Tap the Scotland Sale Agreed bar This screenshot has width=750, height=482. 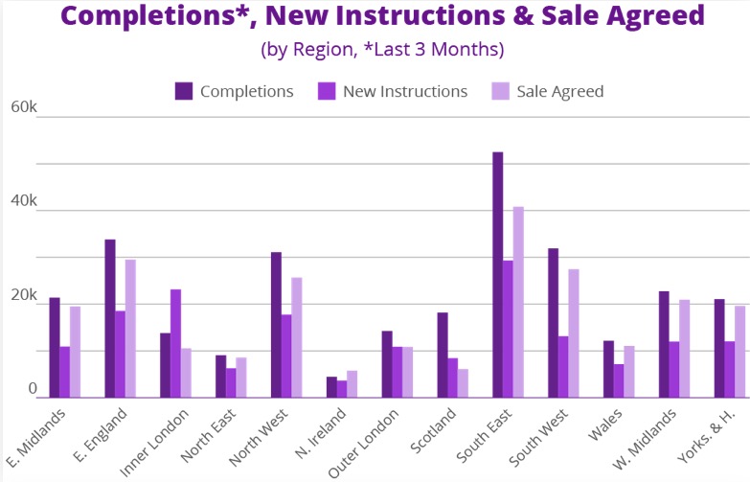[464, 382]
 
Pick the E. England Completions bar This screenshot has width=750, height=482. [110, 318]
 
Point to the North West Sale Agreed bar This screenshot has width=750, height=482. [297, 337]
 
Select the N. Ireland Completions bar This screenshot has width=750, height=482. [331, 387]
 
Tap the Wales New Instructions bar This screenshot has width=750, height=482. [619, 380]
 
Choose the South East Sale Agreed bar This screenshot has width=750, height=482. [518, 302]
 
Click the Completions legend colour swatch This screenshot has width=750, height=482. [184, 91]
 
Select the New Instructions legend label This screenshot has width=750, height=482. [404, 91]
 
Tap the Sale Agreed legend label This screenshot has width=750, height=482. [560, 91]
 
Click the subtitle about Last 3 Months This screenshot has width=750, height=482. [381, 49]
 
